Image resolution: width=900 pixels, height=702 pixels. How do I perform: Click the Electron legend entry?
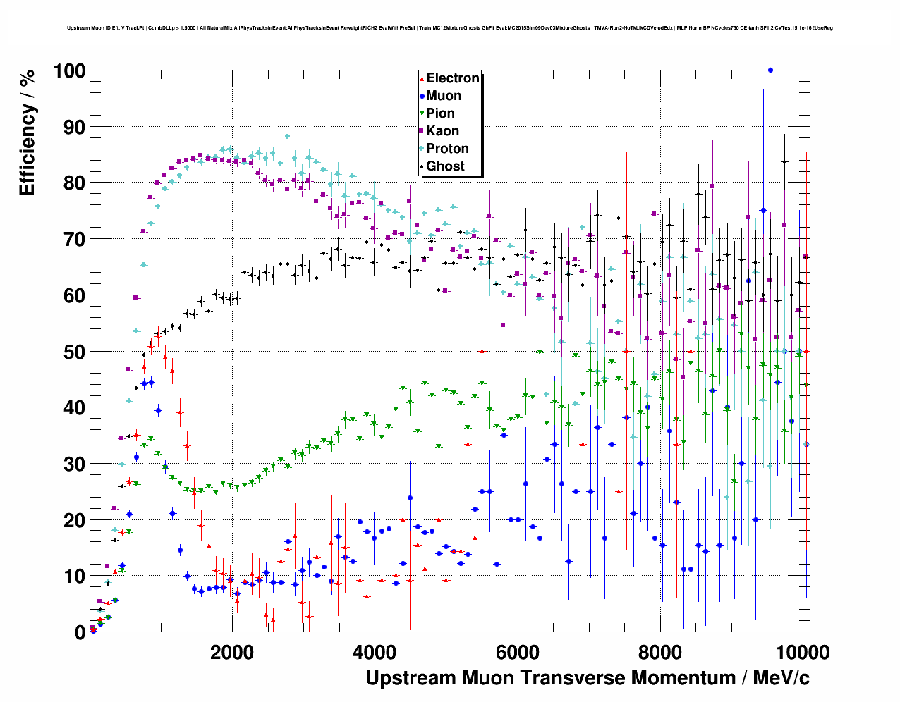tap(452, 78)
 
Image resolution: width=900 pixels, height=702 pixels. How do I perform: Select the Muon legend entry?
tap(443, 96)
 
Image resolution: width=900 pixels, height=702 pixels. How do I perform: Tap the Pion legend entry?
tap(440, 113)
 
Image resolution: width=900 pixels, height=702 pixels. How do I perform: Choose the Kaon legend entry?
tap(442, 131)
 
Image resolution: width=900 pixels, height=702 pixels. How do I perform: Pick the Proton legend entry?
tap(447, 149)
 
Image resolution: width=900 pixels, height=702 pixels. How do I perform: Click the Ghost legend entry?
tap(445, 166)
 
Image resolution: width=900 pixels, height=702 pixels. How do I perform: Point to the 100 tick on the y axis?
tap(69, 71)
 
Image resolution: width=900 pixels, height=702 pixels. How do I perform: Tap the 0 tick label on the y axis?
tap(80, 632)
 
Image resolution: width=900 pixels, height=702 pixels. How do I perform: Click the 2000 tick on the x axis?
tap(232, 652)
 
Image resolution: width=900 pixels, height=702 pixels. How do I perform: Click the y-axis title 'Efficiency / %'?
tap(27, 133)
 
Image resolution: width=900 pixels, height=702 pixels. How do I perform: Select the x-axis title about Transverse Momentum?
tap(587, 678)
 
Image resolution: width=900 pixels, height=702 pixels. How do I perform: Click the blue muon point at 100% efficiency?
tap(770, 70)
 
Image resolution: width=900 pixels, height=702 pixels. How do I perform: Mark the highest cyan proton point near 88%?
tap(287, 137)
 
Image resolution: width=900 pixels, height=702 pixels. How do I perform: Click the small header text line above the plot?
tap(450, 28)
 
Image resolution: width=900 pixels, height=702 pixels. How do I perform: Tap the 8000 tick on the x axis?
tap(660, 652)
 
